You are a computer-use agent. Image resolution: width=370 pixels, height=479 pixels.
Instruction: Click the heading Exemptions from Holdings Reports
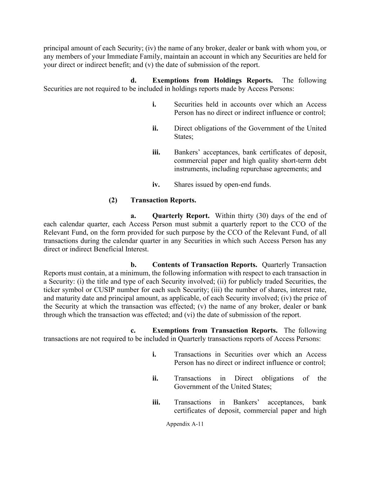click(213, 80)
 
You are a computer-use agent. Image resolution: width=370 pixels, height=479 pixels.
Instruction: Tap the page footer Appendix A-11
click(185, 424)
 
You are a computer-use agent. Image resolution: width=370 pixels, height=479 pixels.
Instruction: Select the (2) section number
click(113, 200)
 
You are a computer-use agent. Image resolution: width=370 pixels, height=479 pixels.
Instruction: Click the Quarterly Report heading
click(181, 216)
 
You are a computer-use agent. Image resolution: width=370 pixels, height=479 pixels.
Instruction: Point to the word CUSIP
click(104, 290)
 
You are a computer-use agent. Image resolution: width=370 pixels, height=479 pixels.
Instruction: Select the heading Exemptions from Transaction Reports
click(215, 331)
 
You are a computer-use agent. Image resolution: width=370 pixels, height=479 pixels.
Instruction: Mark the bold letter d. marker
click(133, 80)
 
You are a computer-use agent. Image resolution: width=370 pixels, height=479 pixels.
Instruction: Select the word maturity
click(68, 298)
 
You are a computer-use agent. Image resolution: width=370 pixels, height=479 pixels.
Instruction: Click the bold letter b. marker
click(133, 265)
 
